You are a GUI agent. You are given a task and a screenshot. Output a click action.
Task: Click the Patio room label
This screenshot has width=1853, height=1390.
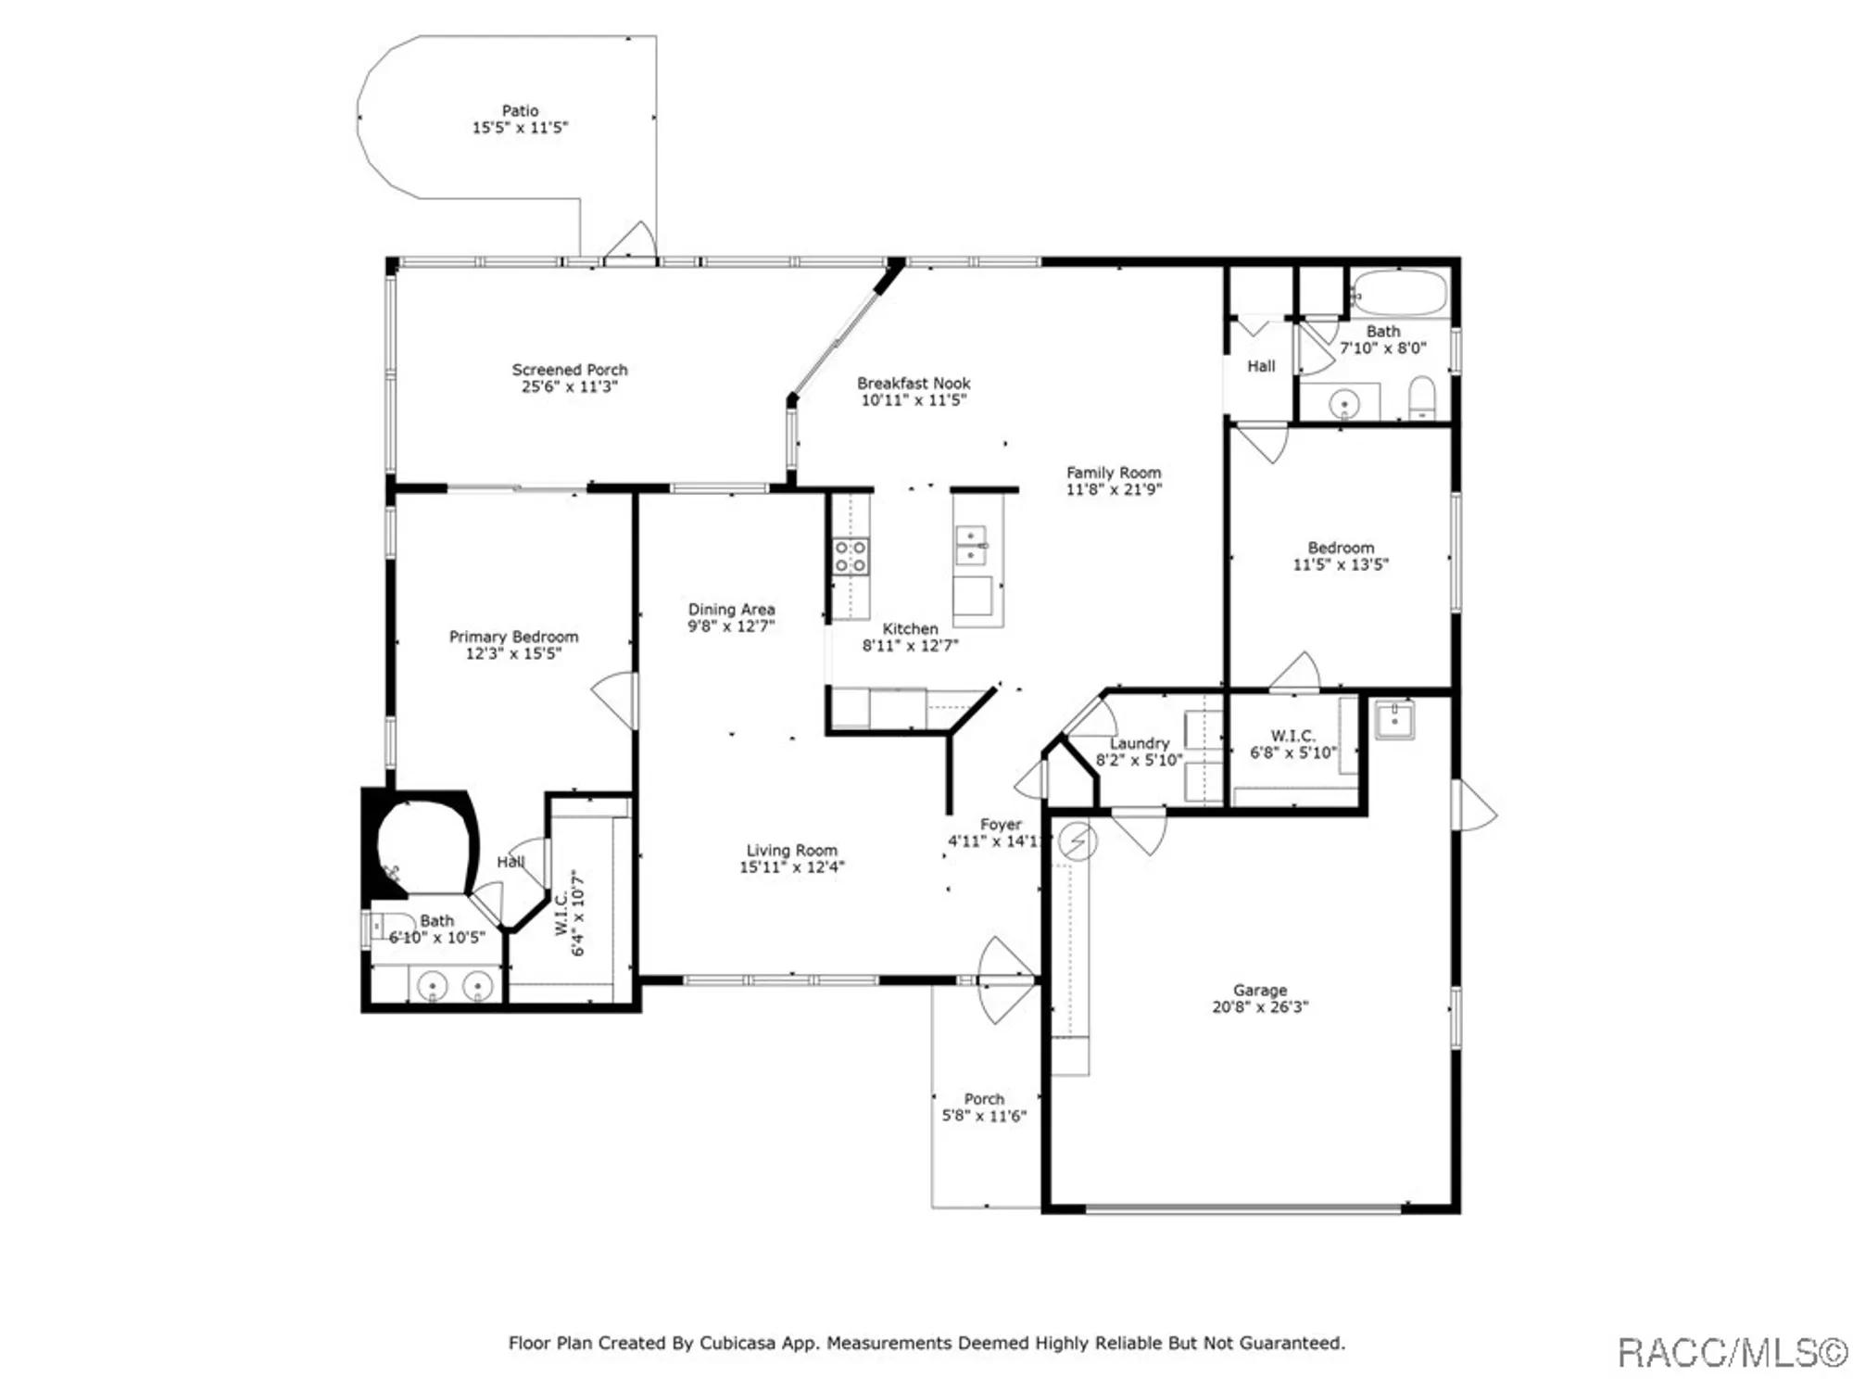[x=520, y=111]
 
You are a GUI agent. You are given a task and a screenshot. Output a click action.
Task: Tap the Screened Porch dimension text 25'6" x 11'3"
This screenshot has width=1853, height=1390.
[x=569, y=386]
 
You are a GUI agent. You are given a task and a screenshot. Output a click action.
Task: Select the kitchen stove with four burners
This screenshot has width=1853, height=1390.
[x=851, y=556]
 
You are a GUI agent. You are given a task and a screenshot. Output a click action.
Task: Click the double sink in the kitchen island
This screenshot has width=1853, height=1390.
[x=970, y=545]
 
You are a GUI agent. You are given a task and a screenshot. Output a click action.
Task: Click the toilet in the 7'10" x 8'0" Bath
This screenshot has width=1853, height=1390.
[x=1422, y=398]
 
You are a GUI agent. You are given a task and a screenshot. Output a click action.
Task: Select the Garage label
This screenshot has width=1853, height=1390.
[x=1260, y=990]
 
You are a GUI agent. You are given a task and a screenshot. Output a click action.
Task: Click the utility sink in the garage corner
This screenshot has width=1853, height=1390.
[x=1393, y=719]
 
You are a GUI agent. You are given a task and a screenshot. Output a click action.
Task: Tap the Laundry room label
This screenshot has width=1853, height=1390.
[x=1139, y=743]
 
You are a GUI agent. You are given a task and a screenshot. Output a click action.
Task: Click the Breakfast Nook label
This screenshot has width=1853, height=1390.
[x=914, y=383]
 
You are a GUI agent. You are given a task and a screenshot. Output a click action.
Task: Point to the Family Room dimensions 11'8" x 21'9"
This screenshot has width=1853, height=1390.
[x=1113, y=489]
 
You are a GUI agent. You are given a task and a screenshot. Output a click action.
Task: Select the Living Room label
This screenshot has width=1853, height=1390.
[x=791, y=850]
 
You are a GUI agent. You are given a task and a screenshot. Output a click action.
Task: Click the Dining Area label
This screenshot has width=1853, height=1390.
[x=731, y=609]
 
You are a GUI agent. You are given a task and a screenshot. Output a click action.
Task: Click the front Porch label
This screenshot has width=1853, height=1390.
[x=984, y=1099]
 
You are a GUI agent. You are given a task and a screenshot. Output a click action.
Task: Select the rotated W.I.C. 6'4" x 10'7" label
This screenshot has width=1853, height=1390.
[x=570, y=913]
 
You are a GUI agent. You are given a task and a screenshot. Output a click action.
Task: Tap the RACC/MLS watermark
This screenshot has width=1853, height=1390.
[x=1731, y=1353]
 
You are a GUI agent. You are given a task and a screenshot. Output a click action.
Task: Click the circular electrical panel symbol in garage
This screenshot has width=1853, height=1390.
[x=1078, y=841]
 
